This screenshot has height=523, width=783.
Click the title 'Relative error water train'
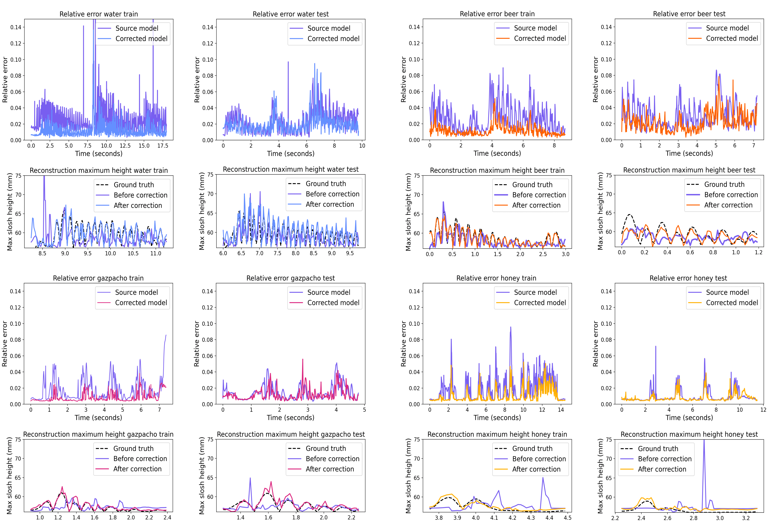(x=99, y=14)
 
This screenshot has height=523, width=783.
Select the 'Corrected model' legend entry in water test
(x=333, y=39)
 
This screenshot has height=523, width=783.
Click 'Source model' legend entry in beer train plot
(x=535, y=28)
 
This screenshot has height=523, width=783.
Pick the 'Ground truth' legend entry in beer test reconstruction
(x=724, y=184)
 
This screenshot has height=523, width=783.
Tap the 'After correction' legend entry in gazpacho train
(x=137, y=469)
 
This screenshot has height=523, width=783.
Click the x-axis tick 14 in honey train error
(x=561, y=410)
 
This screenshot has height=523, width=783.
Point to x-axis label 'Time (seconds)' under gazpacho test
(x=290, y=418)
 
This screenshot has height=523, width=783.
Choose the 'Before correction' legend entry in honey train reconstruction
(x=539, y=459)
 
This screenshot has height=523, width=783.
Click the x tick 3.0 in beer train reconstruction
(x=566, y=254)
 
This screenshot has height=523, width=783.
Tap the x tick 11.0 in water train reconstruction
(x=156, y=253)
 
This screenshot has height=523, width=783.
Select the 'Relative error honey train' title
(x=496, y=278)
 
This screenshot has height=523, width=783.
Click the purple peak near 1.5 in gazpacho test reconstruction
(x=250, y=478)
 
